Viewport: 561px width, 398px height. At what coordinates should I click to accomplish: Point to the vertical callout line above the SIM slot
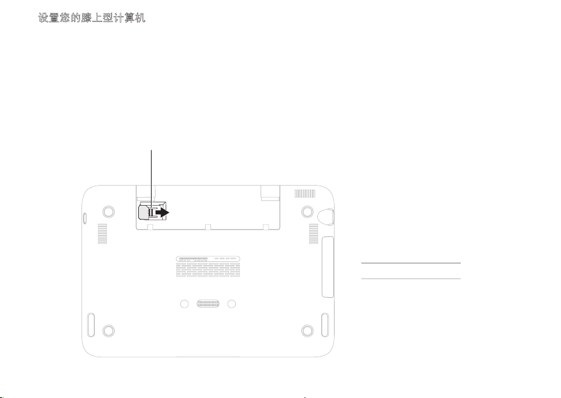[152, 174]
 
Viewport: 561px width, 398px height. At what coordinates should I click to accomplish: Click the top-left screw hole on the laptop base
[107, 212]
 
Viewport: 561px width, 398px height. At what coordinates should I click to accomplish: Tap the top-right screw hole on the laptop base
[307, 212]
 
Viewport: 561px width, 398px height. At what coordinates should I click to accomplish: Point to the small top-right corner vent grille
[304, 194]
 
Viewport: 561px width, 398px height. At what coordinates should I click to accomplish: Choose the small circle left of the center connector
[184, 305]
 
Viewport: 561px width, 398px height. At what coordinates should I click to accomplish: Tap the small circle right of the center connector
[232, 305]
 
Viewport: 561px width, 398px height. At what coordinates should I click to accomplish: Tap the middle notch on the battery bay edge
[208, 227]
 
